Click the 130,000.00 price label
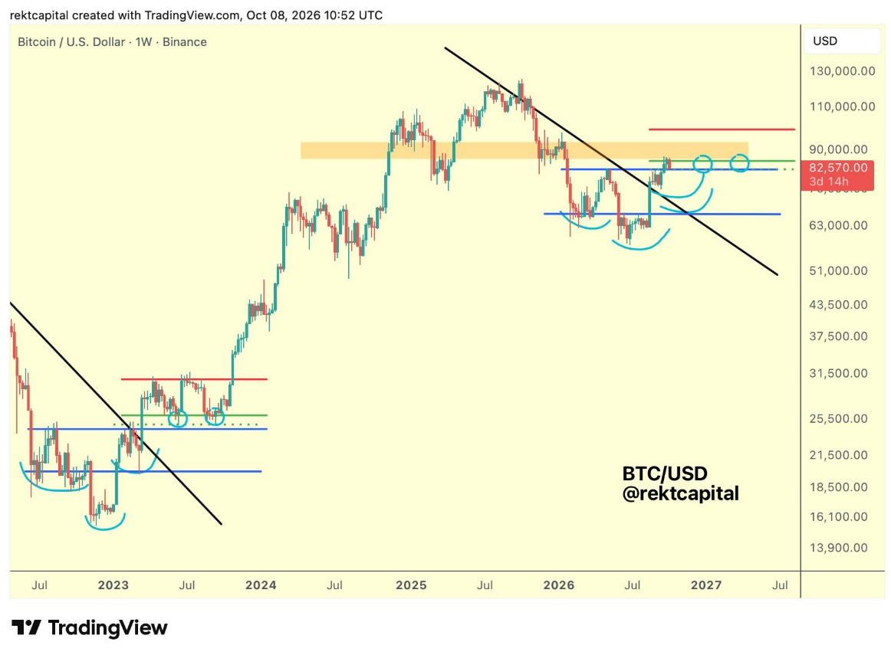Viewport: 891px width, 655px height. pos(842,71)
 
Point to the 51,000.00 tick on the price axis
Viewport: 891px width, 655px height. pos(838,270)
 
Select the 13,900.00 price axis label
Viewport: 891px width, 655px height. pos(838,548)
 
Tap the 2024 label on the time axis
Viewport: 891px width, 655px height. pos(261,585)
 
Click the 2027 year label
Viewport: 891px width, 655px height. pos(706,585)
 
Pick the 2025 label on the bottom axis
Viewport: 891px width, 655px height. pos(412,585)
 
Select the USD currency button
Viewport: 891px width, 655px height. pos(825,41)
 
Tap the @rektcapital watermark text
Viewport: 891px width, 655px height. pos(681,493)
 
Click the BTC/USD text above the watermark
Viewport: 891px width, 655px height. pos(665,473)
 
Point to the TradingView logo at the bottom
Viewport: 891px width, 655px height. pos(90,627)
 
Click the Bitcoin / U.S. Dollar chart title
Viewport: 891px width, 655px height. pos(71,42)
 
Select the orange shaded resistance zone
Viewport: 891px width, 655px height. pos(524,150)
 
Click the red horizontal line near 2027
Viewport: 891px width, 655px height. pos(722,129)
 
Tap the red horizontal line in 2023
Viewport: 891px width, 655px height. pos(194,379)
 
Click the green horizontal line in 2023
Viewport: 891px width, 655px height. pos(194,415)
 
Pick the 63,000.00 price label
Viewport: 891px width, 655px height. pos(838,225)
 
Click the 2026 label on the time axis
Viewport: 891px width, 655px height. pos(558,585)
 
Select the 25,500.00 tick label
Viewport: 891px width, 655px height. pos(838,418)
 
